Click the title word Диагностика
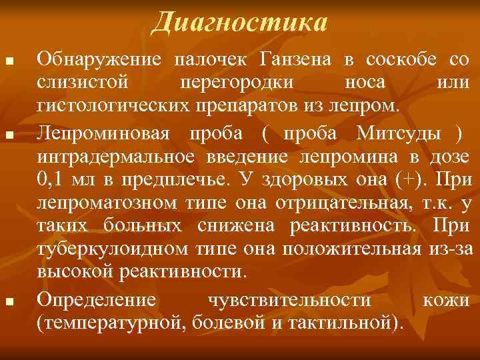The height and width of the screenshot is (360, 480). pos(239,23)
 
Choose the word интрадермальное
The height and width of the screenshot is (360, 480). pos(114,157)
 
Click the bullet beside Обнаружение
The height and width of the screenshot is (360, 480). pos(9,63)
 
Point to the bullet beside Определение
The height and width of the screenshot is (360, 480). pos(9,303)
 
